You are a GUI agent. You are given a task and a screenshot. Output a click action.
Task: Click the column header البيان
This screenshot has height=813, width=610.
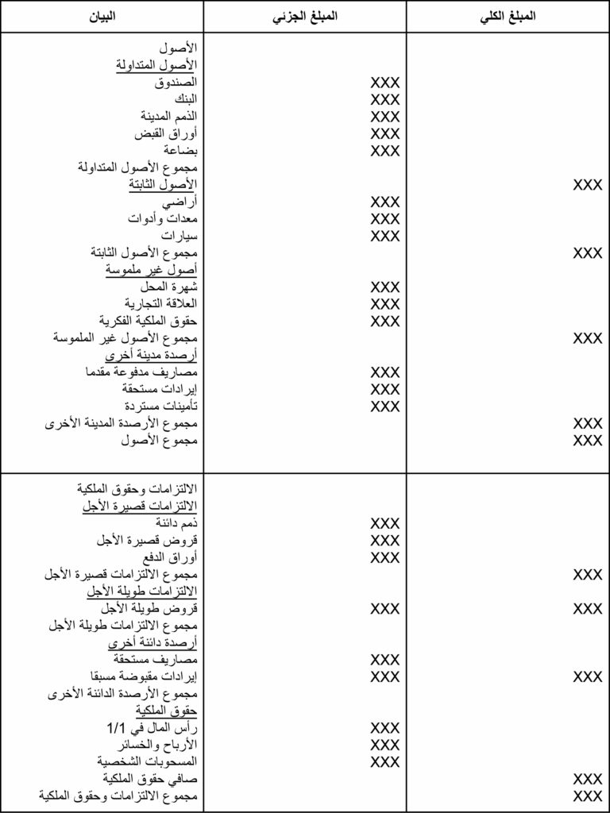[101, 16]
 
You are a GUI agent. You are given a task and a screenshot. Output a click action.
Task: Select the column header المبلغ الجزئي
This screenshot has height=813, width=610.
[305, 16]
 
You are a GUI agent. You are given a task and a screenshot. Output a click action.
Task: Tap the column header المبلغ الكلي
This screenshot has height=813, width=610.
[508, 16]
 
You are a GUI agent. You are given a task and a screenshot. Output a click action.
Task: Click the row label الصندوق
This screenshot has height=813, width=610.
[176, 82]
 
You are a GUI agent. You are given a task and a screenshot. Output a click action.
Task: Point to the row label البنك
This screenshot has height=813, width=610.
[184, 99]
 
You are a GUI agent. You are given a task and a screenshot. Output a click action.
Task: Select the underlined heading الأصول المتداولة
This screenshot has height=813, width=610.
[156, 65]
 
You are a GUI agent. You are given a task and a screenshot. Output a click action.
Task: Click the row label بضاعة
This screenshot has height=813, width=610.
[180, 150]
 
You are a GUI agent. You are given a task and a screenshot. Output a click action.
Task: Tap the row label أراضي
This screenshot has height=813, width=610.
[182, 202]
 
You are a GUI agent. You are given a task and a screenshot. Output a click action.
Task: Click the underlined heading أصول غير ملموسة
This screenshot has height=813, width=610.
[152, 270]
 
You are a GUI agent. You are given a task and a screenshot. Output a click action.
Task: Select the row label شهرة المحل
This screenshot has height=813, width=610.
[168, 287]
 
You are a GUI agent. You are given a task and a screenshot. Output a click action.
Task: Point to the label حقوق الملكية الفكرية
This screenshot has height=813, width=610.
[149, 321]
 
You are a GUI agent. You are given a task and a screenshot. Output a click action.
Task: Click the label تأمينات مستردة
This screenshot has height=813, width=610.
[161, 406]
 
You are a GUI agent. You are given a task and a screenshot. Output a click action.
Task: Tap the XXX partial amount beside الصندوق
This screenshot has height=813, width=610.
[385, 82]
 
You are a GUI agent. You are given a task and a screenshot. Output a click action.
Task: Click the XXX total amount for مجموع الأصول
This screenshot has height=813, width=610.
[588, 440]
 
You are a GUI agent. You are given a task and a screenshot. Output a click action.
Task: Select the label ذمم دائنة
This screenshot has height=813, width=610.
[177, 523]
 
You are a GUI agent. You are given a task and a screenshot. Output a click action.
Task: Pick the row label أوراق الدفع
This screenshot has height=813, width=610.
[172, 557]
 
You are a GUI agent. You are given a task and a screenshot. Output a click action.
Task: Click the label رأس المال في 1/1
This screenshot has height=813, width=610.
[152, 728]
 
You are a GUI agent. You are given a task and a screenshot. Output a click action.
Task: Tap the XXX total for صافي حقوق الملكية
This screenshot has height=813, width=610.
[588, 779]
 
